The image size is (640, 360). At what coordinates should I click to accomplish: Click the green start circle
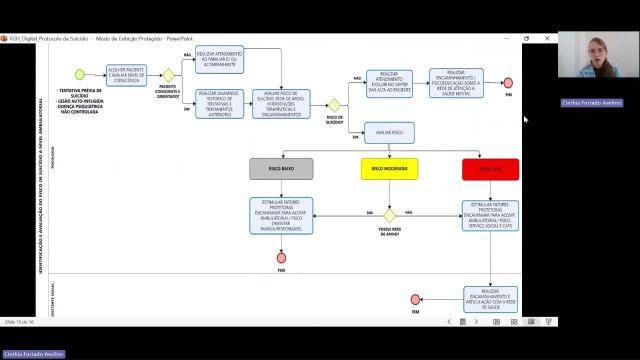(79, 74)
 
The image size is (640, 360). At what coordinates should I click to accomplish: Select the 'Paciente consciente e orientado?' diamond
(169, 75)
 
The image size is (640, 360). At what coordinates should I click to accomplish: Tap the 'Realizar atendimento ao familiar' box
(217, 61)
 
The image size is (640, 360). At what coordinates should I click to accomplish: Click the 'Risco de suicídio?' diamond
(335, 103)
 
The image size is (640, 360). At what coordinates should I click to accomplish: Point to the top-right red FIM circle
(508, 82)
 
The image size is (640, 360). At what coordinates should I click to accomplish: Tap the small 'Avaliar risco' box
(389, 131)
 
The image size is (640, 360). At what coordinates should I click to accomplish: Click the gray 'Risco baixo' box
(281, 169)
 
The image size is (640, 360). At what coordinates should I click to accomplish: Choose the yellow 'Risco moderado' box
(389, 169)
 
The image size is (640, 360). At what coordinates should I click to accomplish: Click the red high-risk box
(490, 169)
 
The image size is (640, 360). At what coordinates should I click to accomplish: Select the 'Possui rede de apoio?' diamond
(389, 213)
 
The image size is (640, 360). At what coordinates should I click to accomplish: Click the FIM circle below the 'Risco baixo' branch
(281, 257)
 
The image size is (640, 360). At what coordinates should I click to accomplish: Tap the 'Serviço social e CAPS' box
(490, 214)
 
